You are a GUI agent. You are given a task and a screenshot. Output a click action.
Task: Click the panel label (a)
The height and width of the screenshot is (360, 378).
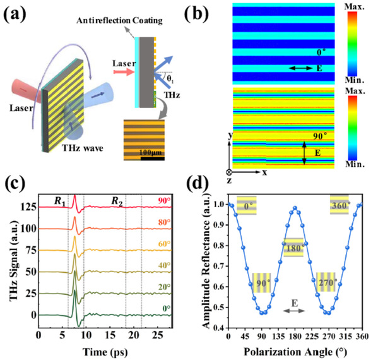pyautogui.click(x=15, y=15)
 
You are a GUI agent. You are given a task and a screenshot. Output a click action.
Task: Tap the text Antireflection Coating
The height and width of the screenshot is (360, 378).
pyautogui.click(x=119, y=20)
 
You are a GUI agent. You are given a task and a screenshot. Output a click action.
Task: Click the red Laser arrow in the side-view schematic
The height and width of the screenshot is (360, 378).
pyautogui.click(x=124, y=72)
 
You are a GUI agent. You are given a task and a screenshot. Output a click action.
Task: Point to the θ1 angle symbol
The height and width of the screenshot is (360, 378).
pyautogui.click(x=170, y=80)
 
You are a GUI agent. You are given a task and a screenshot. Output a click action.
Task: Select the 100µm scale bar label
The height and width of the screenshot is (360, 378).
pyautogui.click(x=151, y=152)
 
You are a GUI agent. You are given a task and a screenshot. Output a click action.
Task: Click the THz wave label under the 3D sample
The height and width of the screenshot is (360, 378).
pyautogui.click(x=83, y=147)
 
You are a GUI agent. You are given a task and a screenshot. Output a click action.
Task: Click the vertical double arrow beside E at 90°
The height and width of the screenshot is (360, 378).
pyautogui.click(x=304, y=153)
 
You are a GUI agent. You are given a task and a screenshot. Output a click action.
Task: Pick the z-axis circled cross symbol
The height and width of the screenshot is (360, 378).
pyautogui.click(x=229, y=172)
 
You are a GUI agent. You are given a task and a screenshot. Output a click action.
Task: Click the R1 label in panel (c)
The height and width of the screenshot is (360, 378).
pyautogui.click(x=60, y=201)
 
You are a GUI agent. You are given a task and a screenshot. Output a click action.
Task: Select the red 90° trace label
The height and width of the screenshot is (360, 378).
pyautogui.click(x=165, y=201)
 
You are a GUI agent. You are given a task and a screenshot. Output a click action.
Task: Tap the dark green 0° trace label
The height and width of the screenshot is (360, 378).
pyautogui.click(x=167, y=308)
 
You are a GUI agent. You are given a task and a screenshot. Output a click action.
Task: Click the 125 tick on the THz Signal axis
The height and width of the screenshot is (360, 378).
pyautogui.click(x=28, y=207)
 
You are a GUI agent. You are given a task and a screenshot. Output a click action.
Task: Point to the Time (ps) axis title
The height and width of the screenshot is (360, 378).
pyautogui.click(x=105, y=352)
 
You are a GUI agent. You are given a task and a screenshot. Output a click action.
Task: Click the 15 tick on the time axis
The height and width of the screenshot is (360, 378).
pyautogui.click(x=110, y=335)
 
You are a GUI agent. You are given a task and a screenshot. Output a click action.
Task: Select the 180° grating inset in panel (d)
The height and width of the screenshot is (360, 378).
pyautogui.click(x=293, y=248)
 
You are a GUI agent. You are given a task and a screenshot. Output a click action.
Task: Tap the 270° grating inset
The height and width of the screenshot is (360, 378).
pyautogui.click(x=326, y=282)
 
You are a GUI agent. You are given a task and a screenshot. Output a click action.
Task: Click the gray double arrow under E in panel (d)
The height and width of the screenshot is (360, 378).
pyautogui.click(x=294, y=311)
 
